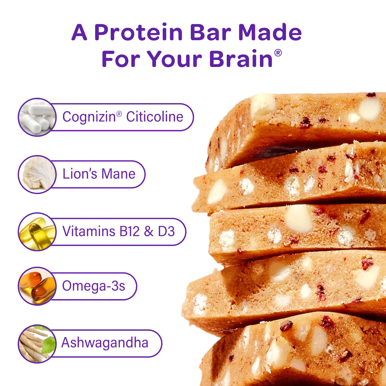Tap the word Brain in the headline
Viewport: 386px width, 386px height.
241,59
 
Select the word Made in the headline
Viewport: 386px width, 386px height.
270,32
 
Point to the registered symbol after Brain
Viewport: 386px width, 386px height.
278,53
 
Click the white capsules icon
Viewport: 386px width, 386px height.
37,117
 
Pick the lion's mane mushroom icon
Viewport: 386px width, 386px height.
37,174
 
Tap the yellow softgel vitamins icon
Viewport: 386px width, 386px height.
37,232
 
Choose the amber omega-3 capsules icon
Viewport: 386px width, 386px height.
37,286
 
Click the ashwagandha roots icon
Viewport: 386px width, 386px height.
37,344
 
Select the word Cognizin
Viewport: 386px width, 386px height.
89,117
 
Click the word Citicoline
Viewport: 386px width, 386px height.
155,116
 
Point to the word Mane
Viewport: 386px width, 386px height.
118,174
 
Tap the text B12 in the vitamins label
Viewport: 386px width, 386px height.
129,231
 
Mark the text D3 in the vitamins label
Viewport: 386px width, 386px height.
166,231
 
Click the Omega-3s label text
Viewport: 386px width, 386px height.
94,286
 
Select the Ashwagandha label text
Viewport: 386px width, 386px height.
105,343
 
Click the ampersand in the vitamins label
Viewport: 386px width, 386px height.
149,231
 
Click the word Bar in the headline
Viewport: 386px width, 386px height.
210,32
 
